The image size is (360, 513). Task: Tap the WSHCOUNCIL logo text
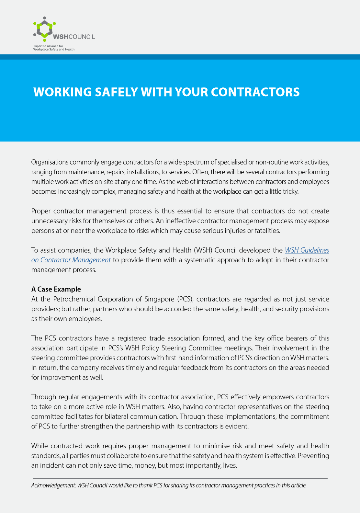tap(74, 37)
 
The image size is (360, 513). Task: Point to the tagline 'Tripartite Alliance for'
tap(48, 46)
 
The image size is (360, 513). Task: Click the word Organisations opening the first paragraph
tap(50, 162)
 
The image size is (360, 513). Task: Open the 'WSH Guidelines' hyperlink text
tap(307, 250)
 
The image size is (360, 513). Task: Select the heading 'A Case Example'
tap(56, 289)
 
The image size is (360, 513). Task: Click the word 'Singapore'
tap(159, 299)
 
